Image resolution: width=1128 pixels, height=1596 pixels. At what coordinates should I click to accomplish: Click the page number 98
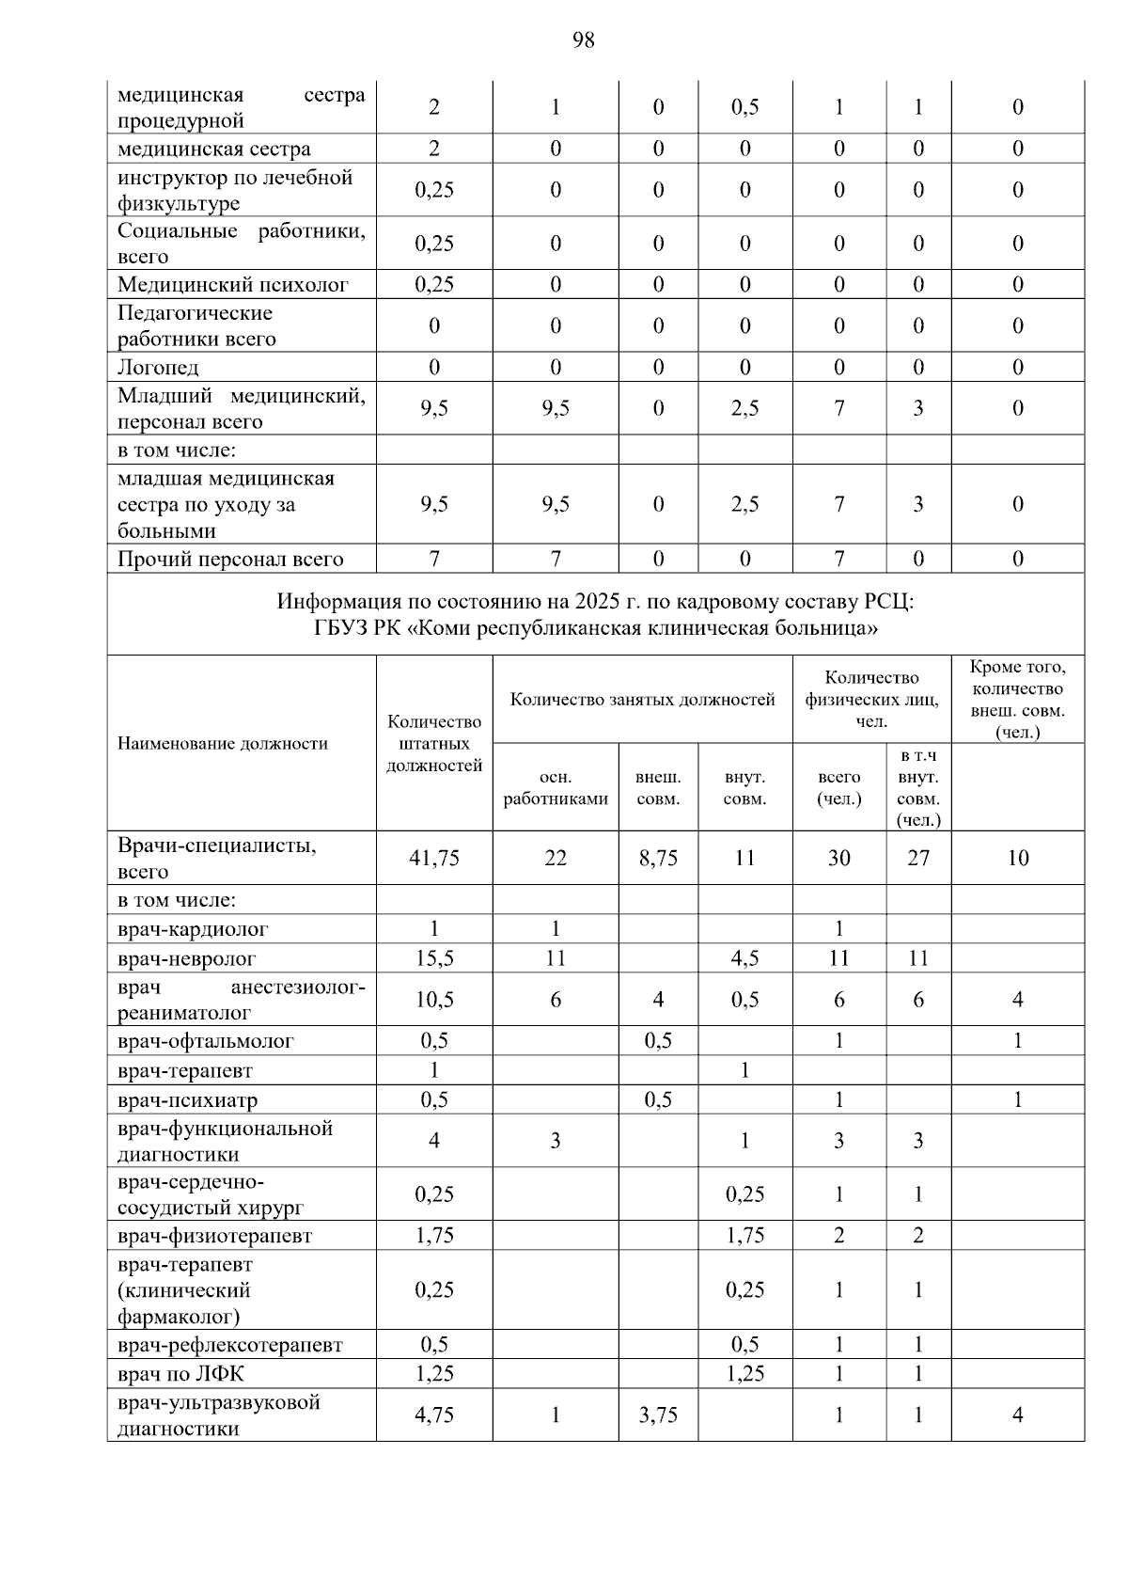(583, 40)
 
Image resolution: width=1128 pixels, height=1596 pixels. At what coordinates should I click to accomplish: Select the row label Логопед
(158, 368)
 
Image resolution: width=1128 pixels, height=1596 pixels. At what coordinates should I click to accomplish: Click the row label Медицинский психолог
(232, 285)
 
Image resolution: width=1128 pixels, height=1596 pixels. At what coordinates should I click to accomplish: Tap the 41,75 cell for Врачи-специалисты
(434, 858)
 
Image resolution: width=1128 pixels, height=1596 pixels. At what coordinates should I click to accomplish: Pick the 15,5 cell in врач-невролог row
(434, 958)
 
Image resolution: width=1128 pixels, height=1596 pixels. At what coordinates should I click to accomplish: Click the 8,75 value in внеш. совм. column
(658, 858)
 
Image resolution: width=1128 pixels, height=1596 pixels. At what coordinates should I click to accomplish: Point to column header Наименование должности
(223, 744)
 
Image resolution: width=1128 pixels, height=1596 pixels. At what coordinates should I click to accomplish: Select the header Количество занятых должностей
(642, 700)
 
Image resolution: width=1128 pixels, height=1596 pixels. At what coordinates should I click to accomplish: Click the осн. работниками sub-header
(556, 788)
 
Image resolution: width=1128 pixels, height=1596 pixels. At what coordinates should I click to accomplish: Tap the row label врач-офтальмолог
(206, 1041)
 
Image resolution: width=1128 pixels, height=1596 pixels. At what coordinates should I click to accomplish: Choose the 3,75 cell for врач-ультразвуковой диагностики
(658, 1415)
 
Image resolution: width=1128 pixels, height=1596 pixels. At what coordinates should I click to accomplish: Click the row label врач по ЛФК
(180, 1374)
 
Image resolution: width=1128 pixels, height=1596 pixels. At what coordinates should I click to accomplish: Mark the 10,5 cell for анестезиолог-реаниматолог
(434, 1000)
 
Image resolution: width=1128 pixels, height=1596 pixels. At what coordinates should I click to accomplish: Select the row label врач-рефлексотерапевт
(230, 1345)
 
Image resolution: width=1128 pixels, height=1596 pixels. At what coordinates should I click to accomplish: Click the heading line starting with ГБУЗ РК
(595, 627)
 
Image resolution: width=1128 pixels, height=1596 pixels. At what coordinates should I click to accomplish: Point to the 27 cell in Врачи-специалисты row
(918, 858)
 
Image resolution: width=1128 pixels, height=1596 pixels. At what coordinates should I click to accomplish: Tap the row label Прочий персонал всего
(230, 560)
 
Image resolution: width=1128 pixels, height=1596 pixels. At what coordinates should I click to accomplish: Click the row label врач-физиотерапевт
(214, 1236)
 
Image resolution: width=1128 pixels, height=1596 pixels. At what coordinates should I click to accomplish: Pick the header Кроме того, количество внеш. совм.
(1017, 699)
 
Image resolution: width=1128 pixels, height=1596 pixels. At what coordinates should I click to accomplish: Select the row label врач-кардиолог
(193, 929)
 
